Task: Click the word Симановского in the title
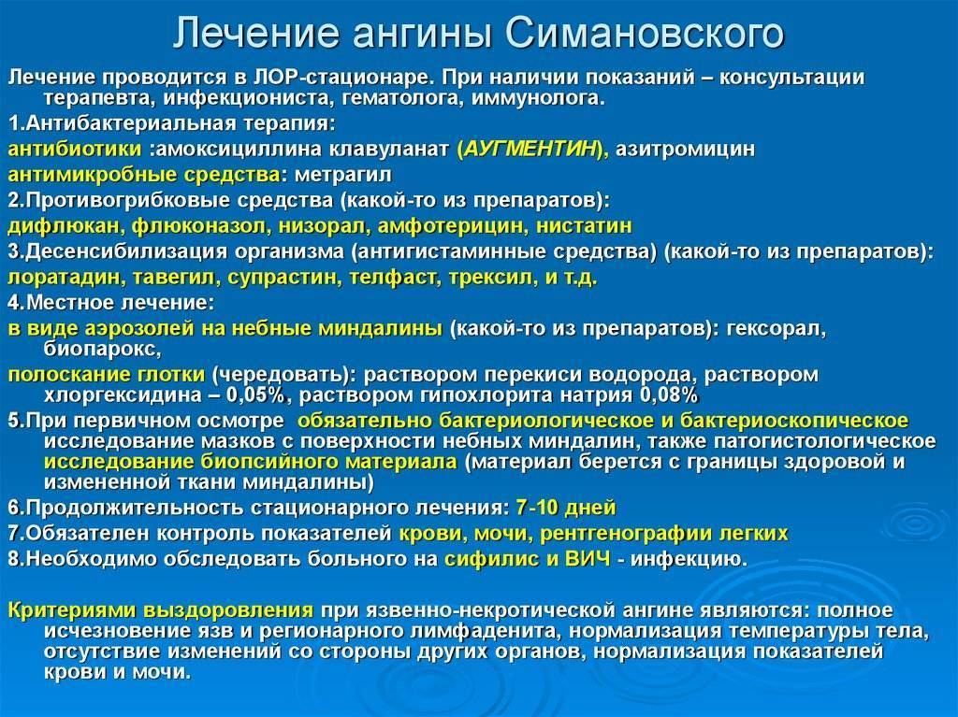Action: (646, 35)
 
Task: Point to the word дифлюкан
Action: (64, 225)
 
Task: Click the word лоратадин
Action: (62, 278)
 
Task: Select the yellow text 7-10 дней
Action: (565, 509)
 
